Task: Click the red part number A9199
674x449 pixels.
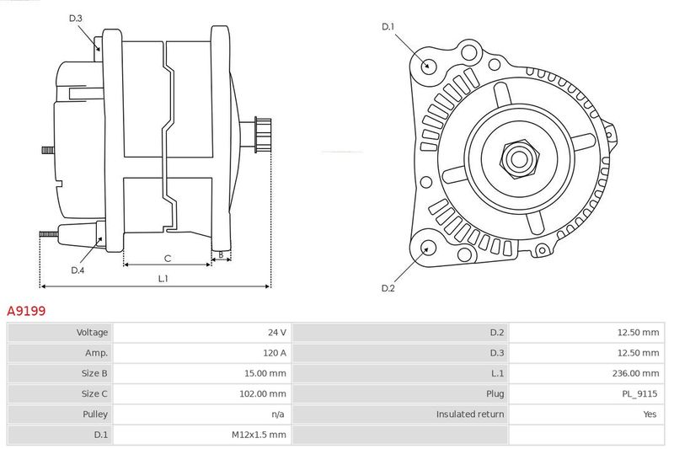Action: [26, 310]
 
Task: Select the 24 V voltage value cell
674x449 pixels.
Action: [202, 332]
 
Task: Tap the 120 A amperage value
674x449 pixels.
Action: [275, 353]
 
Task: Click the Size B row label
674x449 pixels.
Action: [94, 373]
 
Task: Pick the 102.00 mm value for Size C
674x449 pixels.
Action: [263, 393]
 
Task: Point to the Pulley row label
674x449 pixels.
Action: [95, 414]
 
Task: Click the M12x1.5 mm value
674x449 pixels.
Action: [259, 435]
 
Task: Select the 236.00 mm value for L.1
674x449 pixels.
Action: [635, 373]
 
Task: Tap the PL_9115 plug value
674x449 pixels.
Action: [639, 393]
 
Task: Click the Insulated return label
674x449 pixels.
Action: [470, 414]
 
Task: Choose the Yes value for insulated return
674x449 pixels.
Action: [650, 414]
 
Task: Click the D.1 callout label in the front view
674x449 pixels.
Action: [388, 27]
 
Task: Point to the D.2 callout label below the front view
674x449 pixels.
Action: [388, 288]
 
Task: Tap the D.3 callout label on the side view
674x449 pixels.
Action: [75, 18]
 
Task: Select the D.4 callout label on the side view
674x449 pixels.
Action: [78, 270]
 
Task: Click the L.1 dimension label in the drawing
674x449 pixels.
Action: [163, 279]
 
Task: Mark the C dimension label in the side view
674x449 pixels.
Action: [168, 259]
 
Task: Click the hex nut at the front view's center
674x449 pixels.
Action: [519, 158]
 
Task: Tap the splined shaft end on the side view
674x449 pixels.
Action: [263, 135]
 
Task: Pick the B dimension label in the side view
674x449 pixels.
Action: [221, 254]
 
